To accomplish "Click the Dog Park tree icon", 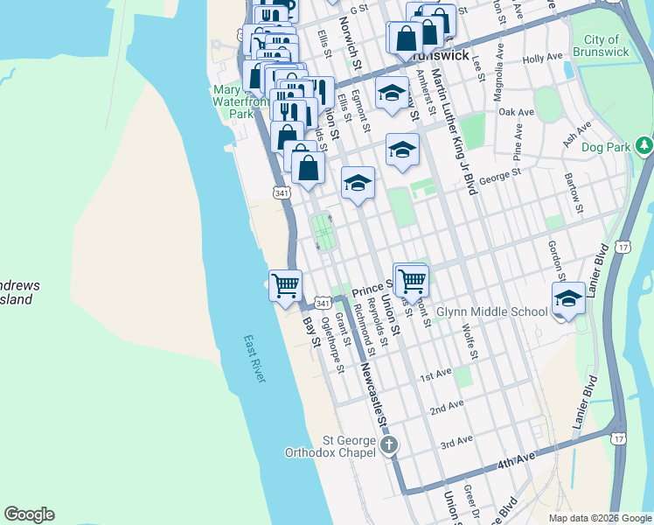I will point(644,144).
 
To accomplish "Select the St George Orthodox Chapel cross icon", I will point(389,445).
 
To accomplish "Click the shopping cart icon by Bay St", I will point(285,285).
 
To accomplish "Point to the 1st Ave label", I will point(435,375).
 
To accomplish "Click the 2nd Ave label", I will point(446,408).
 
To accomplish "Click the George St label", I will point(500,173).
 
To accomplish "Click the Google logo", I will point(29,514).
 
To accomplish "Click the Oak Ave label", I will point(515,113).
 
